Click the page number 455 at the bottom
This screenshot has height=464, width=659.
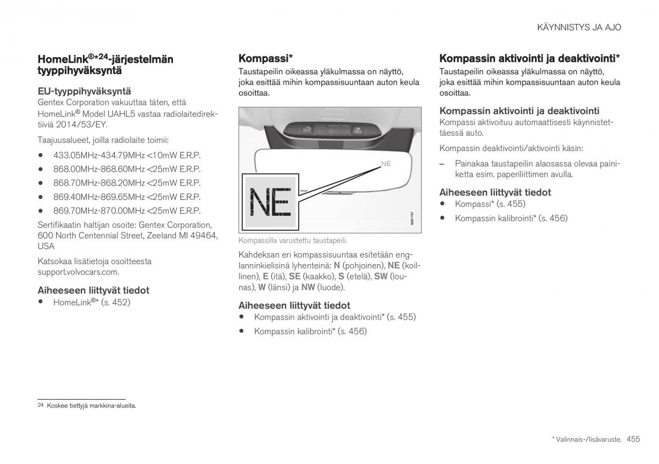(x=633, y=439)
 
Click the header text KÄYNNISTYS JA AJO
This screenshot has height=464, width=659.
(x=579, y=27)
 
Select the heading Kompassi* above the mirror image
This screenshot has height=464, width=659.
(x=265, y=58)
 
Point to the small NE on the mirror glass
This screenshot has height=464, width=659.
(x=386, y=164)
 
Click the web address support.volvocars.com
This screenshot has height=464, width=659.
(x=78, y=272)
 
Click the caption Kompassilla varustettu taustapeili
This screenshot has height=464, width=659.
(x=292, y=240)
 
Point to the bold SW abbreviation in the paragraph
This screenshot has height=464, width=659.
(x=381, y=276)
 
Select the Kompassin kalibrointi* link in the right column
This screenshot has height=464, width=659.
(x=511, y=218)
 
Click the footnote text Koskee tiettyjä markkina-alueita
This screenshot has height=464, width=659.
(x=91, y=406)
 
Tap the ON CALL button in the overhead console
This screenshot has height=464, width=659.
(x=358, y=129)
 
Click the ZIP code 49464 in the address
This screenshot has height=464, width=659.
(x=205, y=236)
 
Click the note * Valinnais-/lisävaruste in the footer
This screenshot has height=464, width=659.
(x=587, y=439)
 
